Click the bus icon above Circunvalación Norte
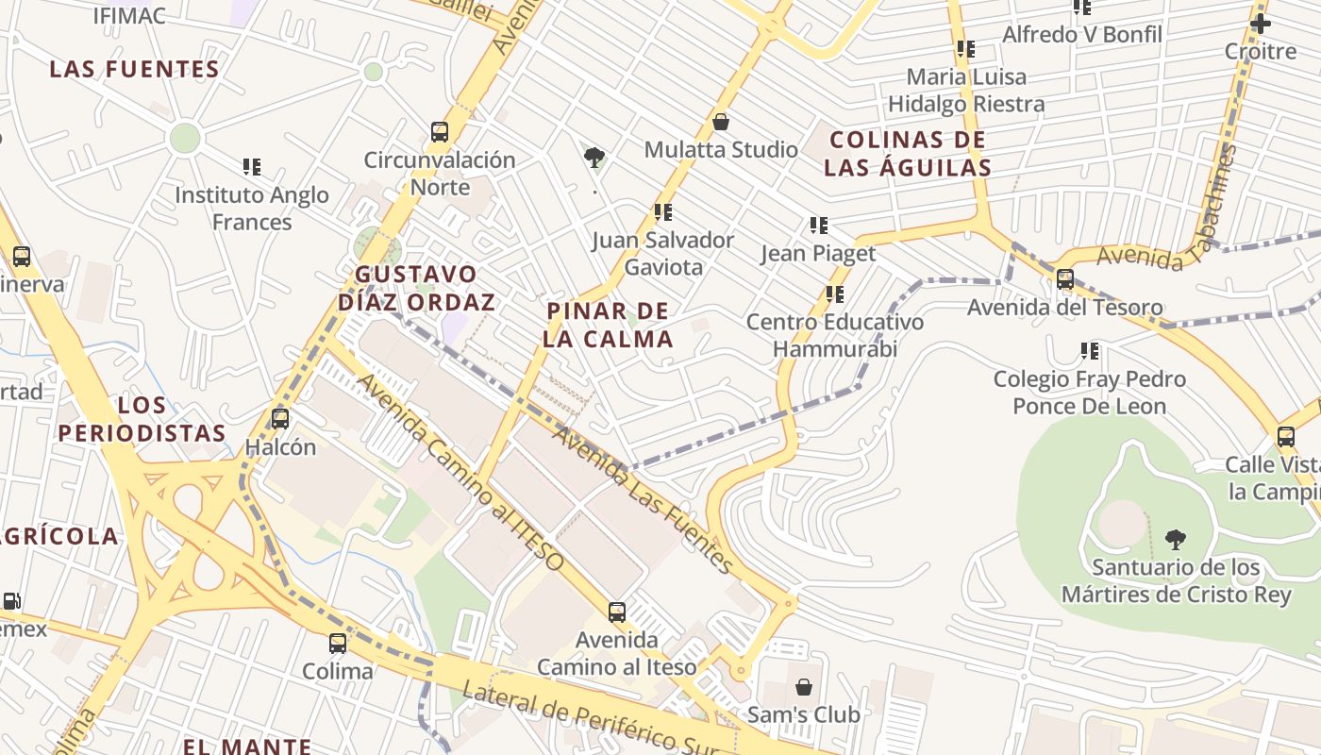click(x=440, y=132)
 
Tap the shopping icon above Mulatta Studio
click(x=721, y=122)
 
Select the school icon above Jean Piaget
click(x=818, y=226)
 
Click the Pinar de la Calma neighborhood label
click(x=609, y=325)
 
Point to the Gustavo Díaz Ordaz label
click(x=416, y=288)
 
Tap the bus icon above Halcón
click(x=280, y=419)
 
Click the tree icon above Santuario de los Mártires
click(x=1175, y=540)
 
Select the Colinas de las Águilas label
click(x=908, y=154)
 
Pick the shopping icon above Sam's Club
click(x=804, y=686)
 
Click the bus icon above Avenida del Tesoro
click(x=1065, y=279)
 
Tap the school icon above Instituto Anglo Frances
click(x=252, y=167)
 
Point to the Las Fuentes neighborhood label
click(x=135, y=69)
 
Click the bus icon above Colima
click(x=338, y=644)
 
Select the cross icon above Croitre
click(x=1261, y=24)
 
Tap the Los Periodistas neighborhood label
click(x=142, y=419)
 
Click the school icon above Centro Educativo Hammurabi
click(x=834, y=294)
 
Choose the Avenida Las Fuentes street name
click(x=643, y=499)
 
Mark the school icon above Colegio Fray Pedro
click(x=1090, y=351)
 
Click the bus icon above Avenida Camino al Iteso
click(x=617, y=612)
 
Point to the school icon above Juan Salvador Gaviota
click(x=663, y=212)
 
